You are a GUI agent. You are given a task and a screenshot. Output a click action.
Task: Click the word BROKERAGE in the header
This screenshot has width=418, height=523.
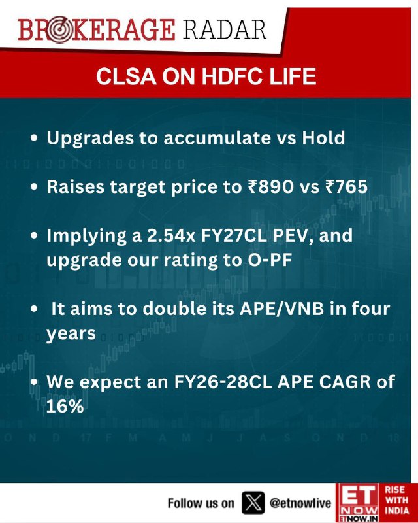coord(96,30)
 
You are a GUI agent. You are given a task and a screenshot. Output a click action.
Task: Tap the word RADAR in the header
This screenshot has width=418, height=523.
coord(224,29)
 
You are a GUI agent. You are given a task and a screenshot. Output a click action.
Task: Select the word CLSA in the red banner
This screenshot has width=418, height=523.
coord(126,76)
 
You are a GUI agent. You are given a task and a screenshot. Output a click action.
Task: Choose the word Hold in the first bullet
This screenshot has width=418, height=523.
coord(323,137)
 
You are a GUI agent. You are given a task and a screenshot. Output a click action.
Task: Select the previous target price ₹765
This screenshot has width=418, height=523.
coord(346,187)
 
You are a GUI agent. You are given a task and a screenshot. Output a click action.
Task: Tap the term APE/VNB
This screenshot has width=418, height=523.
coord(282,309)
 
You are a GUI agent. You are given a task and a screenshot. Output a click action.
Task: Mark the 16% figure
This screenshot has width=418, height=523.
coord(65,407)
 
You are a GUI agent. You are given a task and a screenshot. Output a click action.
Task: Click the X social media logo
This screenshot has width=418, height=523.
coord(253,503)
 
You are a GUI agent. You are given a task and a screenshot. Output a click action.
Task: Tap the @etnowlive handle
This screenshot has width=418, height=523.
coord(300,503)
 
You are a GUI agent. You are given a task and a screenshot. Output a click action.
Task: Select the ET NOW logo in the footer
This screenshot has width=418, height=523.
coord(358,503)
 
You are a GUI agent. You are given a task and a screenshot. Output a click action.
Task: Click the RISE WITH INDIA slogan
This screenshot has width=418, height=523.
coord(397,500)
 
